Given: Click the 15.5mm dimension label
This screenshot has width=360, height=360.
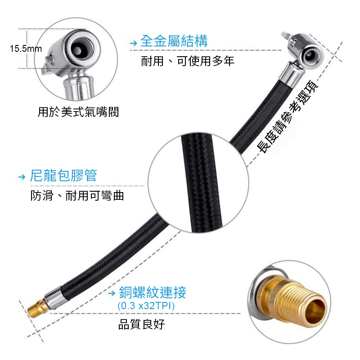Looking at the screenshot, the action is pos(26,49).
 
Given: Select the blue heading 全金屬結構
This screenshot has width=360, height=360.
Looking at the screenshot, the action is pos(174,41).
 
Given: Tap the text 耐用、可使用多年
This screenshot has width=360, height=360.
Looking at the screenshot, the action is pos(188,61).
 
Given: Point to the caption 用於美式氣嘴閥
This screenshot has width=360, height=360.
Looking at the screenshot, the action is pos(78,112).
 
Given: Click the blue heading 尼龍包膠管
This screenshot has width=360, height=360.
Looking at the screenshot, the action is pos(63,175).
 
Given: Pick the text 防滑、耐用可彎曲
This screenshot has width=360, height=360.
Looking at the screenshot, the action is pos(77,196).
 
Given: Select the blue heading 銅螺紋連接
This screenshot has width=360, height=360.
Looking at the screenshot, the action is pos(153,292).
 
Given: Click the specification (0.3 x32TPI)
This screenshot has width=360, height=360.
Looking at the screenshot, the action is pos(146,306).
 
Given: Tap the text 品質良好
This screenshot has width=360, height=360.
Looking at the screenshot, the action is pos(141,324).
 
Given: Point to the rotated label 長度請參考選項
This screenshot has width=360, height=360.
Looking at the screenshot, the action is pos(288,117).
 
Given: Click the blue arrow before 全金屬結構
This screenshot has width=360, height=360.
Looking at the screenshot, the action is pos(133,43).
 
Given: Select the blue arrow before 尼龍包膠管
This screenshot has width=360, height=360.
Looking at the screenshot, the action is pos(22,177).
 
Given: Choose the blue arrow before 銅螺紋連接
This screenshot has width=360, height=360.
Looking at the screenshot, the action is pos(112,293).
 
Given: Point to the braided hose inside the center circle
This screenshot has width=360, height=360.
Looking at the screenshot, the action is pos(201,183).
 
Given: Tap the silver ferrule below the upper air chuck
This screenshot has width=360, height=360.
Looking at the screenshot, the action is pos(290,73).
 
